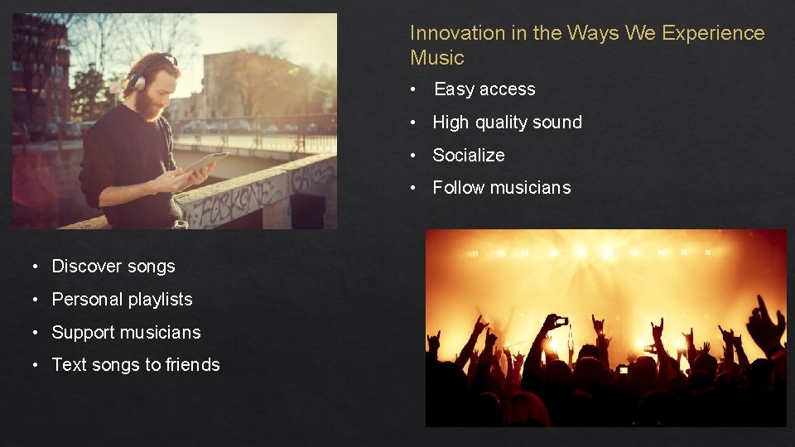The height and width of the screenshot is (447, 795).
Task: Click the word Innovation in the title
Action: (446, 33)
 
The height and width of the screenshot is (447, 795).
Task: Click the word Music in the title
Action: (437, 58)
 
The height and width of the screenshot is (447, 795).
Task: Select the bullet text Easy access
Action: (484, 89)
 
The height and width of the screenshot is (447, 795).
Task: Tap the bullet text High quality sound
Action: (507, 123)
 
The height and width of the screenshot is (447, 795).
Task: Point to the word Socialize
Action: (469, 156)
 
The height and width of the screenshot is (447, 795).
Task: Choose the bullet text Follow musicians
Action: (502, 188)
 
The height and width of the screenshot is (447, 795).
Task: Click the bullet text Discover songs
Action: (113, 267)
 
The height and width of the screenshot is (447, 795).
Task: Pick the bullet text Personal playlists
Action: (122, 300)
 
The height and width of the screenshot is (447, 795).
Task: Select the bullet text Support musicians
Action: (126, 333)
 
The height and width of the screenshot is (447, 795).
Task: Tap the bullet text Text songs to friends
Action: (136, 365)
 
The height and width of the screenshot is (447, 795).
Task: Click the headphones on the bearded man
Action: (137, 79)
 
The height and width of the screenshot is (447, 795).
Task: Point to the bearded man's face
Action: (152, 93)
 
